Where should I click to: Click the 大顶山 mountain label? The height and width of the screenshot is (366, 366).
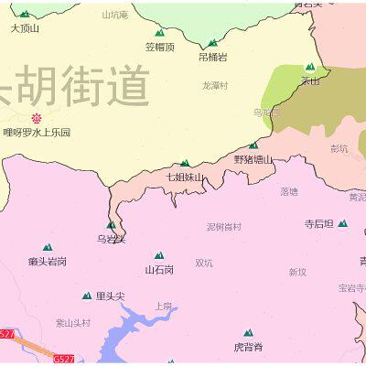[x=25, y=28]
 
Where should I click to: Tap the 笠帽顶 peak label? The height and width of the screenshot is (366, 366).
[x=159, y=47]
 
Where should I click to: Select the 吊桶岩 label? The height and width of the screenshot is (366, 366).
[x=213, y=57]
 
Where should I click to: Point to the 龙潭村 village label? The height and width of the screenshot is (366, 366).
[x=215, y=85]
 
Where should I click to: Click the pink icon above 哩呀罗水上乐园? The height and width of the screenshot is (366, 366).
[x=37, y=118]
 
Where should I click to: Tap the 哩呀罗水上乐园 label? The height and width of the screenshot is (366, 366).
[x=37, y=133]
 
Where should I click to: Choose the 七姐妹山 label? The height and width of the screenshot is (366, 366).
[x=185, y=177]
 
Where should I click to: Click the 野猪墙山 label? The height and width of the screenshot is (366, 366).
[x=253, y=159]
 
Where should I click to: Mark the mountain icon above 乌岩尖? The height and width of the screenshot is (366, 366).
[x=112, y=224]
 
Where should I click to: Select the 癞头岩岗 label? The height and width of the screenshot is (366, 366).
[x=47, y=261]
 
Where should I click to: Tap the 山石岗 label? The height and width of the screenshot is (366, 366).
[x=158, y=270]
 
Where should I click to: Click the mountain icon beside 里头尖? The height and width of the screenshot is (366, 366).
[x=88, y=296]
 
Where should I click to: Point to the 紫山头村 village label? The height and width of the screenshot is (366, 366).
[x=73, y=322]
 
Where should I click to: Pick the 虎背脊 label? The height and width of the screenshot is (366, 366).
[x=247, y=347]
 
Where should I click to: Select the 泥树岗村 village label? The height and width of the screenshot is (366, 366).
[x=224, y=227]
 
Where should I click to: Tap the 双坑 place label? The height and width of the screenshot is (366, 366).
[x=203, y=264]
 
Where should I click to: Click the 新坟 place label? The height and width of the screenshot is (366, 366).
[x=297, y=272]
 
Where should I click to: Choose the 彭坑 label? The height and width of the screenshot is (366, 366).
[x=339, y=148]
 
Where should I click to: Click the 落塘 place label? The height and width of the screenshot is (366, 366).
[x=289, y=192]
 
